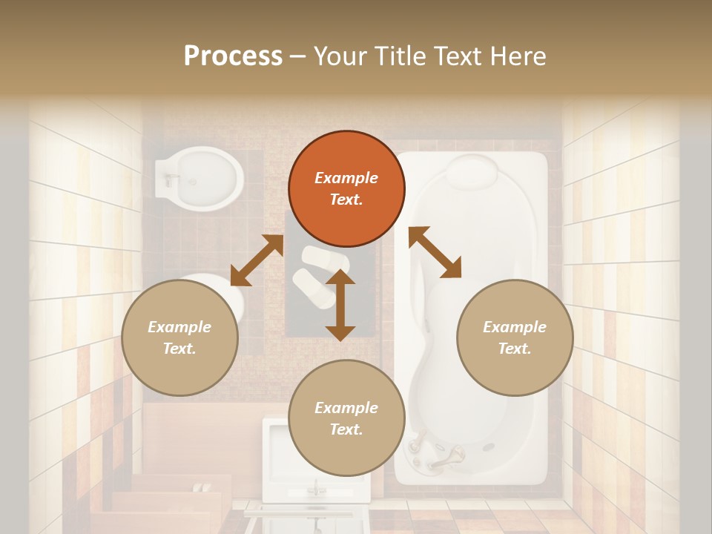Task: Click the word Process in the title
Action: tap(233, 56)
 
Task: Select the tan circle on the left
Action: tap(179, 337)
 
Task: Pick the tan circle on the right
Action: tap(515, 337)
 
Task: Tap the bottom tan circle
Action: tap(346, 418)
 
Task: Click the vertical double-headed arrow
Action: tap(340, 305)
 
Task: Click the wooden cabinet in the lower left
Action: tap(185, 445)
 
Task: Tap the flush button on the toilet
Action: tap(172, 178)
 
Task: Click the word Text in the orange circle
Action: tap(346, 200)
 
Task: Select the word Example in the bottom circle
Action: tap(346, 407)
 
